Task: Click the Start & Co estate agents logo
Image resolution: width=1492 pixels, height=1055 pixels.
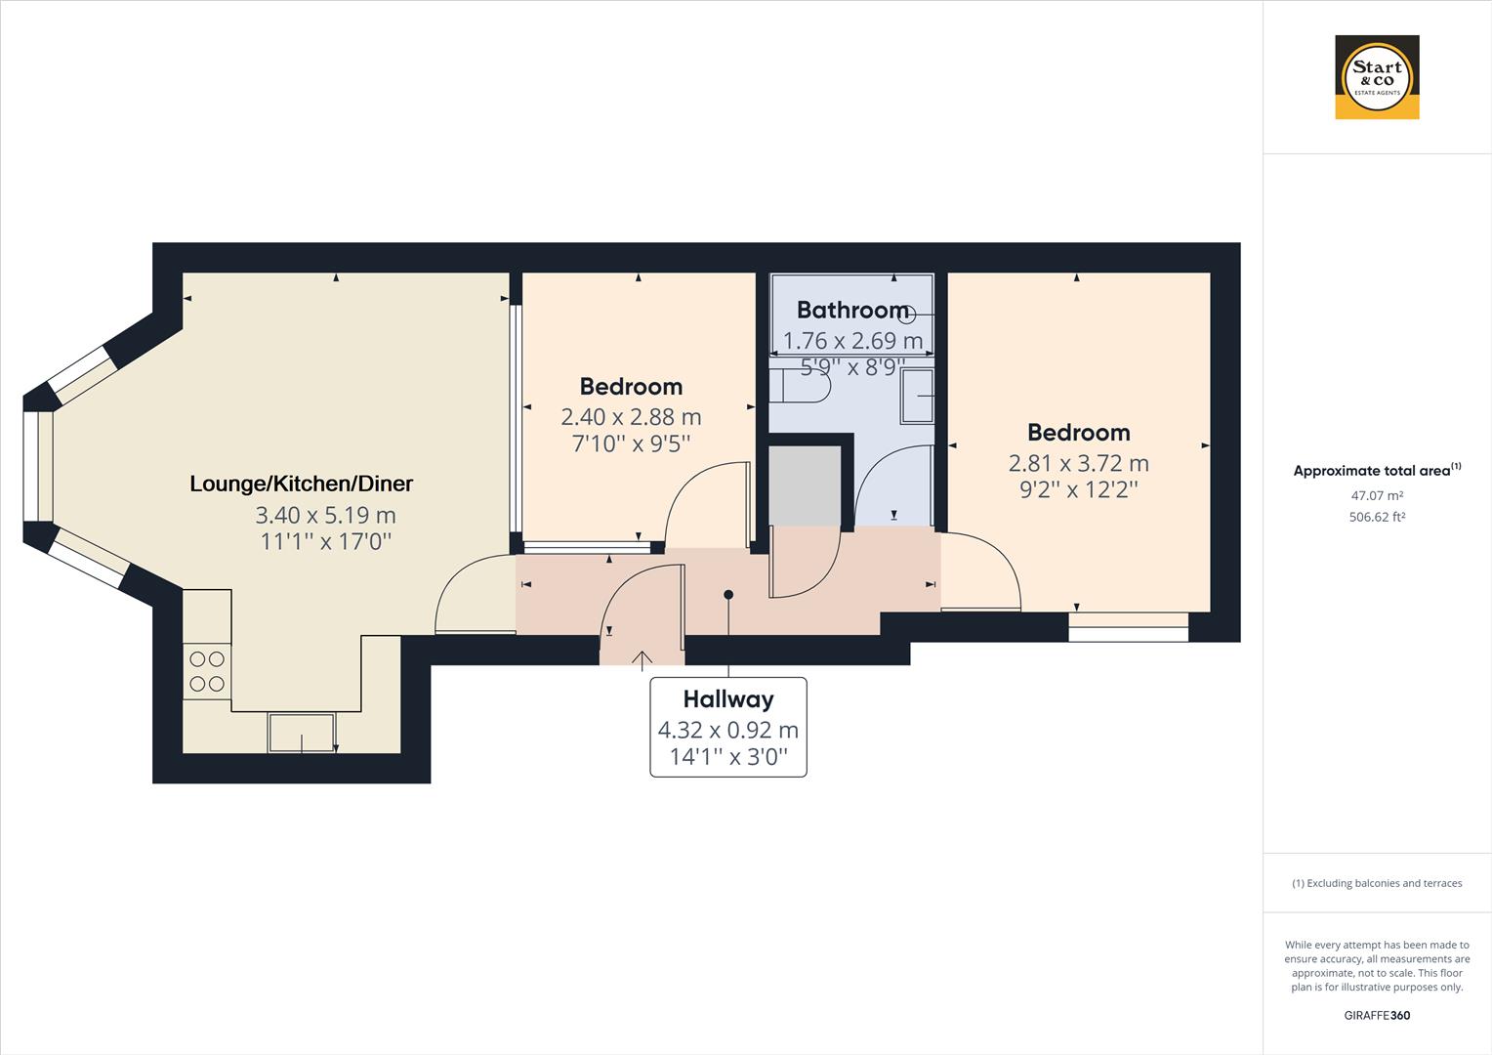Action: [x=1377, y=77]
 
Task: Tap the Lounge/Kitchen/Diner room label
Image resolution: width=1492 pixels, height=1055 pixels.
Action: [x=301, y=484]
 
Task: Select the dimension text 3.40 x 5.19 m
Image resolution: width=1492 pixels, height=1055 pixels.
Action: [x=325, y=515]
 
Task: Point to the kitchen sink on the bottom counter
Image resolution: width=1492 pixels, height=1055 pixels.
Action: [x=302, y=733]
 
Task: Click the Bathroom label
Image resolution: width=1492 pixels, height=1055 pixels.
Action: [x=852, y=310]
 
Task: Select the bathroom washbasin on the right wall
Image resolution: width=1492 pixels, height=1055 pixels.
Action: [x=916, y=396]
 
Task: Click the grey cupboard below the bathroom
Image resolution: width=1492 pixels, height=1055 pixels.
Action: [x=805, y=485]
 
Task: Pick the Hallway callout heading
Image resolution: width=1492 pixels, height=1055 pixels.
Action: [x=728, y=699]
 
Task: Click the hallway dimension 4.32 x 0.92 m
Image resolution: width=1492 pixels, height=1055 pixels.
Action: [x=728, y=730]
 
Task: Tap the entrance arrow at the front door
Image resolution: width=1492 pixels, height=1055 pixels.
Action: [x=642, y=660]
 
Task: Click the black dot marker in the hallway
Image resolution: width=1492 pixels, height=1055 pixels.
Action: [x=728, y=594]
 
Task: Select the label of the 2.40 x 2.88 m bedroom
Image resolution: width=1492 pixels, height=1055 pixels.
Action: [x=631, y=386]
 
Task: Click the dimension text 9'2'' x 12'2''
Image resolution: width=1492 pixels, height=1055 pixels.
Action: [x=1079, y=489]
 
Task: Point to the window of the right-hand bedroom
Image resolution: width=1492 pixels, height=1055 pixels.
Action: [x=1128, y=627]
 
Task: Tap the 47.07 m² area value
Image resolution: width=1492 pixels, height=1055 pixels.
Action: [x=1377, y=496]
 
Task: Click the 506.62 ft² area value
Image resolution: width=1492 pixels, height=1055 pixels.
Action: [x=1377, y=517]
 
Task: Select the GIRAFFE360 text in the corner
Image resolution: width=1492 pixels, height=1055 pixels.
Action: [x=1377, y=1015]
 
